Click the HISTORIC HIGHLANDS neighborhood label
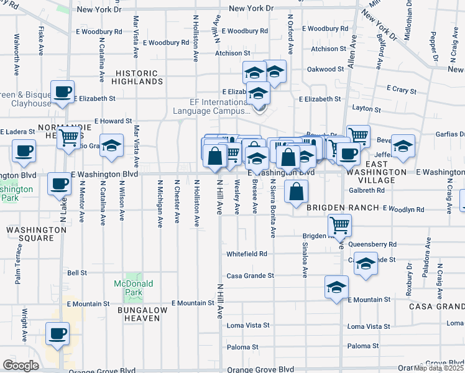[x=139, y=77]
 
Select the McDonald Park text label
[x=133, y=288]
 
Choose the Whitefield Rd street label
[x=247, y=254]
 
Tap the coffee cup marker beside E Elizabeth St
[x=62, y=93]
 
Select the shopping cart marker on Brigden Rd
[x=339, y=225]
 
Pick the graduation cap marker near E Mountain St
[x=336, y=287]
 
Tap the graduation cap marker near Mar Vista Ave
[x=111, y=146]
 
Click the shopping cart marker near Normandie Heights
[x=68, y=137]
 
